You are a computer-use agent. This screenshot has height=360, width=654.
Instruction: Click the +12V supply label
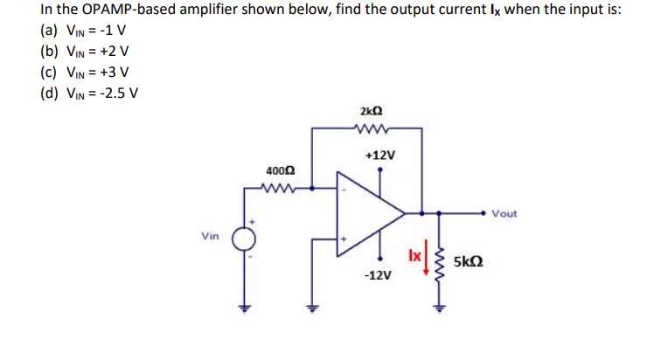(380, 155)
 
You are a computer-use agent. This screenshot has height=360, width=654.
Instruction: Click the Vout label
(504, 213)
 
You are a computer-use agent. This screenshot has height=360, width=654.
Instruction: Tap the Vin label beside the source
(210, 236)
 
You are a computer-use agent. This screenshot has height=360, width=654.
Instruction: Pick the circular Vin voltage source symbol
(245, 239)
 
